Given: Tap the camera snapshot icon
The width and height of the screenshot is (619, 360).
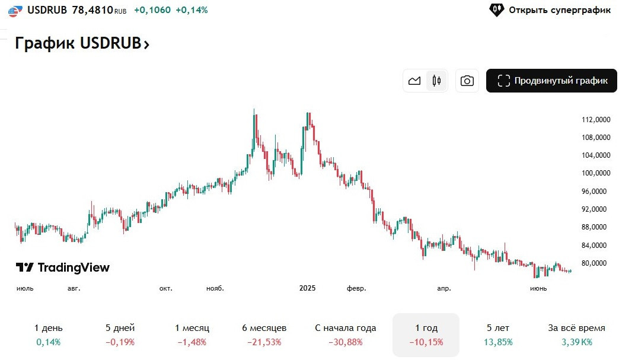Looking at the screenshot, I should click(467, 81).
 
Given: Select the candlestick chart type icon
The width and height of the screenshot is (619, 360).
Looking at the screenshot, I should click(437, 81).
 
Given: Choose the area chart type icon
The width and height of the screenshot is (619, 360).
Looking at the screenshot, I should click(414, 81).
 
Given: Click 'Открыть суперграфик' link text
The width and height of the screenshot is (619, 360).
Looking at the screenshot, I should click(559, 10).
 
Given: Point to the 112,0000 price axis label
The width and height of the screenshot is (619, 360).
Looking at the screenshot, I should click(596, 120).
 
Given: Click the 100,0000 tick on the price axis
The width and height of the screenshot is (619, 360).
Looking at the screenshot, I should click(596, 173).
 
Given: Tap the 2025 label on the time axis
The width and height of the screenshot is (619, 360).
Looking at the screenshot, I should click(307, 288).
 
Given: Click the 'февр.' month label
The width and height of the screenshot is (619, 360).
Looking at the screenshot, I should click(356, 288).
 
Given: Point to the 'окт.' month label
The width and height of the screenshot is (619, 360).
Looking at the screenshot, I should click(165, 288).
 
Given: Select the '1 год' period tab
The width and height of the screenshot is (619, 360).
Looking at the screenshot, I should click(426, 334).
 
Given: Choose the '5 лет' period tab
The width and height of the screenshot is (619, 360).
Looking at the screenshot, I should click(497, 334).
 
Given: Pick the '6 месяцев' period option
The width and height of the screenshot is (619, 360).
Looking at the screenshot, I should click(264, 334).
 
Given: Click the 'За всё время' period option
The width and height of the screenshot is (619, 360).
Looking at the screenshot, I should click(576, 334).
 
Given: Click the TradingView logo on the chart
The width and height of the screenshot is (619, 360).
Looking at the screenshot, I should click(63, 267).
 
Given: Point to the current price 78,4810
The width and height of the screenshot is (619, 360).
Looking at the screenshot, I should click(92, 10).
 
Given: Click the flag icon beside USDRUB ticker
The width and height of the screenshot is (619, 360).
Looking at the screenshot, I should click(16, 11).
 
